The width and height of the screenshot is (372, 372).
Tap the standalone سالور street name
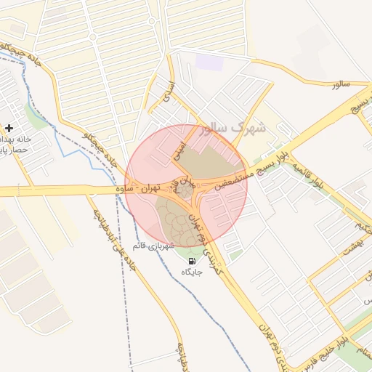coord(340,84)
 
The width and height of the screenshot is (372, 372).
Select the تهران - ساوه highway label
coord(139,189)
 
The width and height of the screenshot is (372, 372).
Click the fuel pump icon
coord(191,261)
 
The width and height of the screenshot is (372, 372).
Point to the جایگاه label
coord(191,272)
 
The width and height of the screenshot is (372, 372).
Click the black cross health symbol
coord(8,128)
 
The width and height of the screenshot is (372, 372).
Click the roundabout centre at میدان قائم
coord(186,190)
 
